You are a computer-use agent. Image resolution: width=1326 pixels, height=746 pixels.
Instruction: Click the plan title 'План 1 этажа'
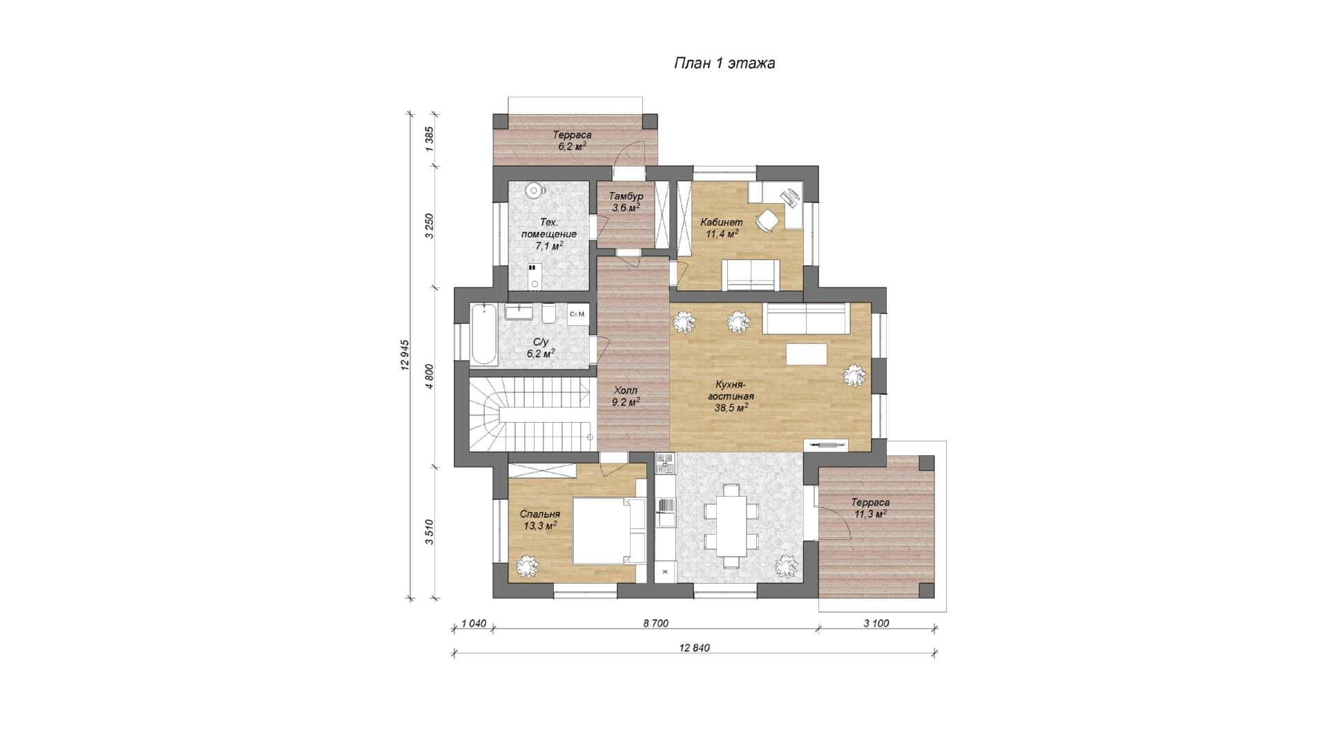tap(724, 64)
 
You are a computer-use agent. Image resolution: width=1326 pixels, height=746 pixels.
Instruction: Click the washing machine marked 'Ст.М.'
tap(578, 314)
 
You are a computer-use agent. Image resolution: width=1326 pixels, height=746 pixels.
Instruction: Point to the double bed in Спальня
tap(602, 530)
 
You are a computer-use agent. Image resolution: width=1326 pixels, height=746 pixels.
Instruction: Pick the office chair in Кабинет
tap(767, 220)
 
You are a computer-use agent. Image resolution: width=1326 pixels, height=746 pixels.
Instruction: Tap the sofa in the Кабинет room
tap(751, 274)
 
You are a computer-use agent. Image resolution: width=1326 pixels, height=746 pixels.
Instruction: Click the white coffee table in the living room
tap(807, 354)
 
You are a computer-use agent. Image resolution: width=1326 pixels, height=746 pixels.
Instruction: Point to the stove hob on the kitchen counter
tap(664, 463)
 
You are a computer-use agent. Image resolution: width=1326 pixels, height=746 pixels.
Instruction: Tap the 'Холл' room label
tap(625, 391)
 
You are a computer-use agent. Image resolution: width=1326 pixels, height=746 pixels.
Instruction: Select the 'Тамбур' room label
tap(626, 196)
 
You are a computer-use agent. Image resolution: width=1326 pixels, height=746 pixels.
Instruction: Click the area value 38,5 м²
tap(731, 408)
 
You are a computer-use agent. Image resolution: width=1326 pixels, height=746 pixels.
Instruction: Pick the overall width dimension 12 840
tap(694, 648)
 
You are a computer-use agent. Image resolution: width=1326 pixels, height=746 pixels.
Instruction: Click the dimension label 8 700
tap(655, 623)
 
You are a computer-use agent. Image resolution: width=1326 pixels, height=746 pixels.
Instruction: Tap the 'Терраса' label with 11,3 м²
tap(870, 502)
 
